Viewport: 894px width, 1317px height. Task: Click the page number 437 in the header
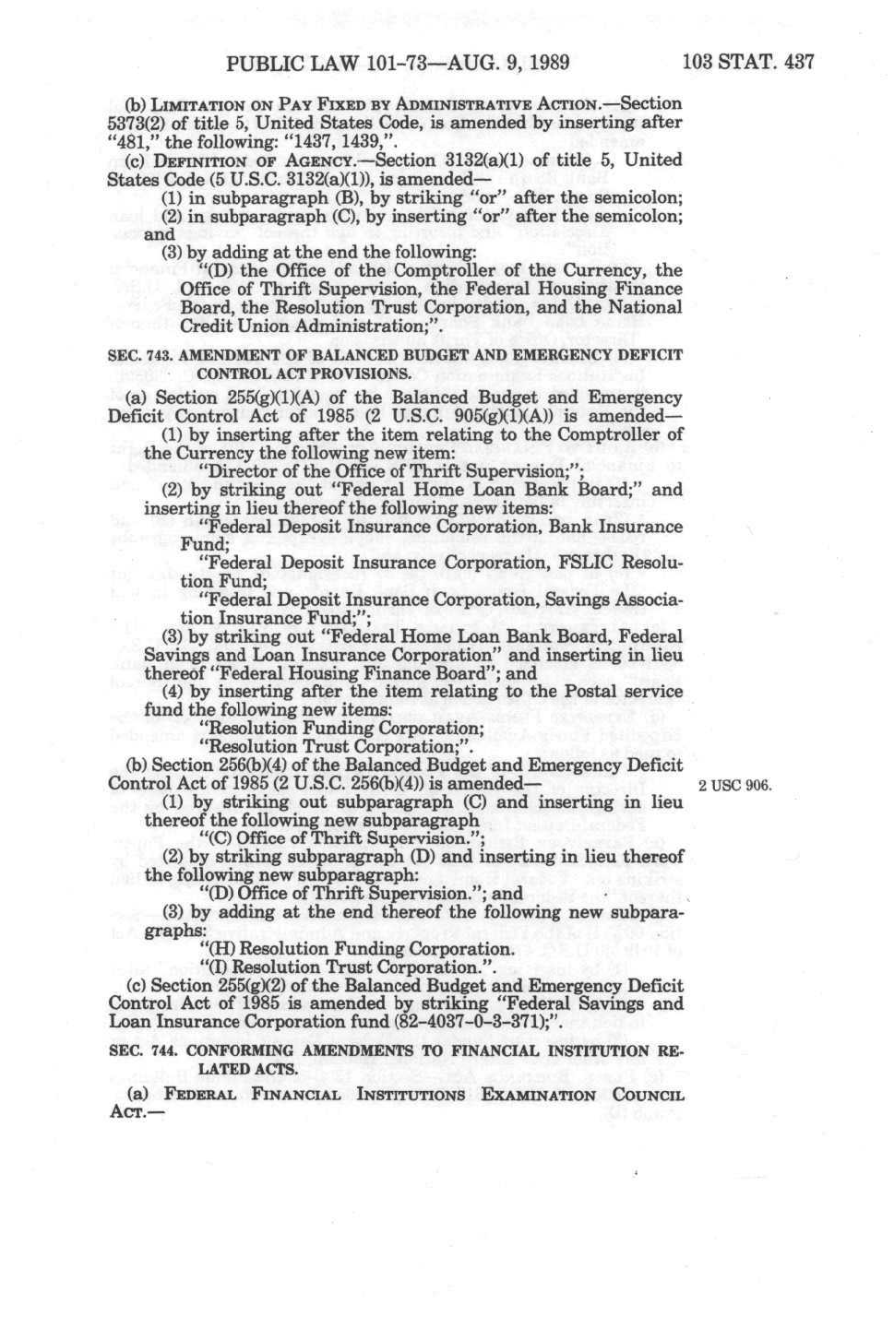(795, 62)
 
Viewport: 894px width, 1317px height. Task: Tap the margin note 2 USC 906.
(734, 786)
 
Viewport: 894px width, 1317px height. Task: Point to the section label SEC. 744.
(137, 1050)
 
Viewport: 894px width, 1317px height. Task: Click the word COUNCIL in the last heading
(649, 1096)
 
